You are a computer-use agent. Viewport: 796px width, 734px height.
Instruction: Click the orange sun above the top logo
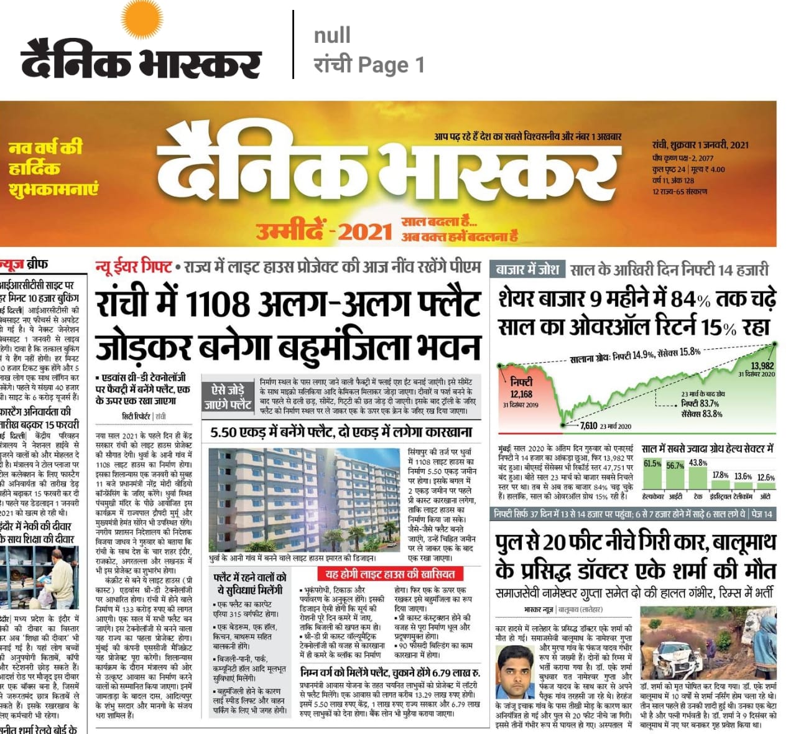click(x=142, y=22)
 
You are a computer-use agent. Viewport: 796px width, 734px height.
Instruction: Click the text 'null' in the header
click(x=332, y=35)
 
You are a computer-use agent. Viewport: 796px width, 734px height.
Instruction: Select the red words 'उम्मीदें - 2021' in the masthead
click(x=324, y=231)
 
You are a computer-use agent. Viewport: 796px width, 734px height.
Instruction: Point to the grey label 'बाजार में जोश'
click(x=528, y=270)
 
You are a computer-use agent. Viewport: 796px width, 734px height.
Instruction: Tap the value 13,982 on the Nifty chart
click(x=762, y=366)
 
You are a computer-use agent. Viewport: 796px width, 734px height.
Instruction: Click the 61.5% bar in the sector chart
click(x=652, y=478)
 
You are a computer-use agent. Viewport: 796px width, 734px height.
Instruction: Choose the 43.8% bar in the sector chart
click(x=698, y=477)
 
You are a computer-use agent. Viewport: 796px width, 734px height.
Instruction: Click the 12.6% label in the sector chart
click(x=766, y=478)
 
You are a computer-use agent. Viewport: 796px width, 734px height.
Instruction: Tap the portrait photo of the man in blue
click(x=516, y=671)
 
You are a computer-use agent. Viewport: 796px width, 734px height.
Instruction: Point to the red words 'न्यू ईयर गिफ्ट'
click(x=133, y=267)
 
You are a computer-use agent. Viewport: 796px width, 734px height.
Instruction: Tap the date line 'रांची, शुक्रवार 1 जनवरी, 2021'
click(x=700, y=145)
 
